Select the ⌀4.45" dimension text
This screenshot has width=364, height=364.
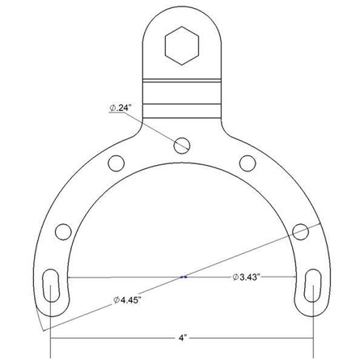(130, 299)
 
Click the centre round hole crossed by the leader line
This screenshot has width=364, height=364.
(182, 146)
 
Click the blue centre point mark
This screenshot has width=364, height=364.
(184, 277)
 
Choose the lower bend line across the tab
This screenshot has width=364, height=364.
(182, 101)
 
